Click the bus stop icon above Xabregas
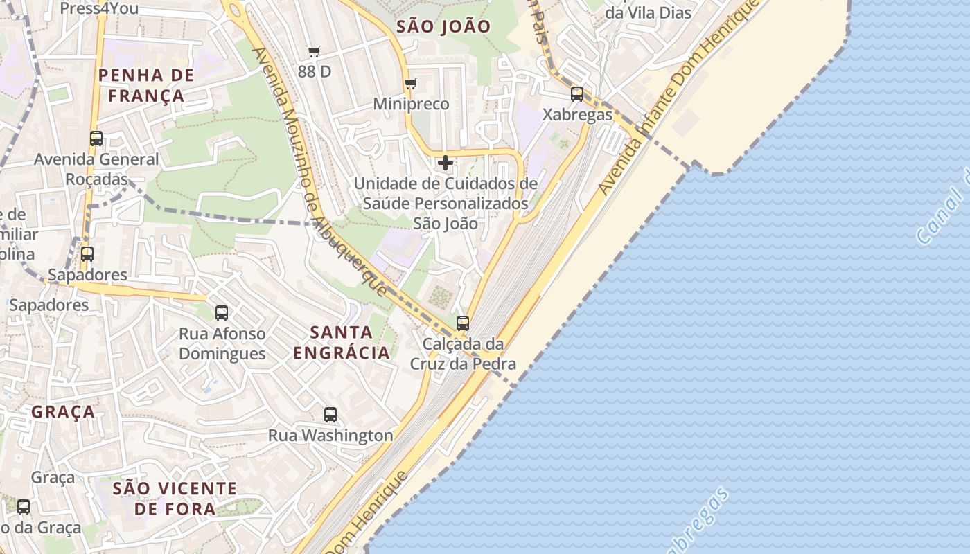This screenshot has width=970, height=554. coord(576,94)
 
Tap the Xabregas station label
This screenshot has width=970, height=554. coord(577,114)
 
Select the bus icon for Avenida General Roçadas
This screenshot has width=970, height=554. coord(96,138)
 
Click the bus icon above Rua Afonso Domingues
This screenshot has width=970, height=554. coord(222,313)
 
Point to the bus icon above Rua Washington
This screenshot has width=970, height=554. coord(330,415)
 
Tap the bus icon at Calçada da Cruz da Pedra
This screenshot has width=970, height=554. coord(463,323)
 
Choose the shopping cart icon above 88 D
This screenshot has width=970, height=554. coord(315,51)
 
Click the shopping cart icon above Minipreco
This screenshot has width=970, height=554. coord(411,84)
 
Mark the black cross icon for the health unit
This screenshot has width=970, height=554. coord(446,163)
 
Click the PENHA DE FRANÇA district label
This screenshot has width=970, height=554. coord(145,85)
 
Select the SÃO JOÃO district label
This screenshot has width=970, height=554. coord(443,27)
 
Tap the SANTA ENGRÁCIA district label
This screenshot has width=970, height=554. coord(341,342)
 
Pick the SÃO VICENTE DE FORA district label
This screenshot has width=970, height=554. coord(175,499)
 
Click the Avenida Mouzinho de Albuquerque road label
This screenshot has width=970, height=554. coord(318,173)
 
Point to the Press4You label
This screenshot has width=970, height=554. coord(99,8)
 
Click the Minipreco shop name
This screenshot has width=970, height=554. coord(411,104)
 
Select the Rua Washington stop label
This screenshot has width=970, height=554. coord(330,436)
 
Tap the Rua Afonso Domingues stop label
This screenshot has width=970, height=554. coord(222,343)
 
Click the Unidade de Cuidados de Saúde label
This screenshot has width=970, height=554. coord(446,204)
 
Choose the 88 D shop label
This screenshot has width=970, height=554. coord(315,71)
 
